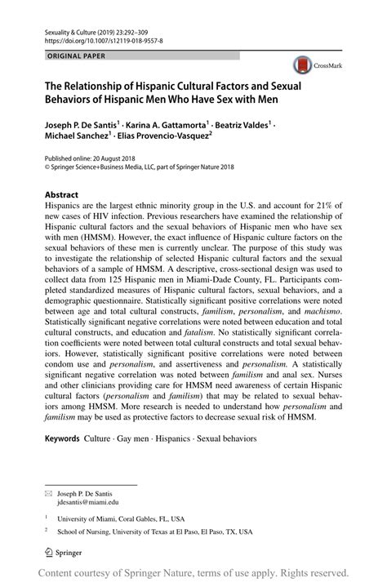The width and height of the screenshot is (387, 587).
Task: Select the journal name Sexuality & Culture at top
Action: [x=76, y=28]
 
